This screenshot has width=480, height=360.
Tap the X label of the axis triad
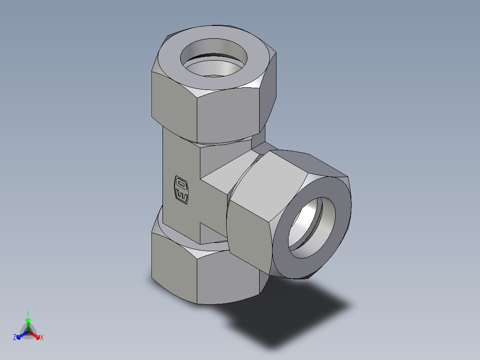[42, 338]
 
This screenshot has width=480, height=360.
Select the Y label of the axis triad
[28, 313]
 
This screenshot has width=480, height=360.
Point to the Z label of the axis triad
[15, 338]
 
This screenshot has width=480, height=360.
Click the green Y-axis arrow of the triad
[28, 322]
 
